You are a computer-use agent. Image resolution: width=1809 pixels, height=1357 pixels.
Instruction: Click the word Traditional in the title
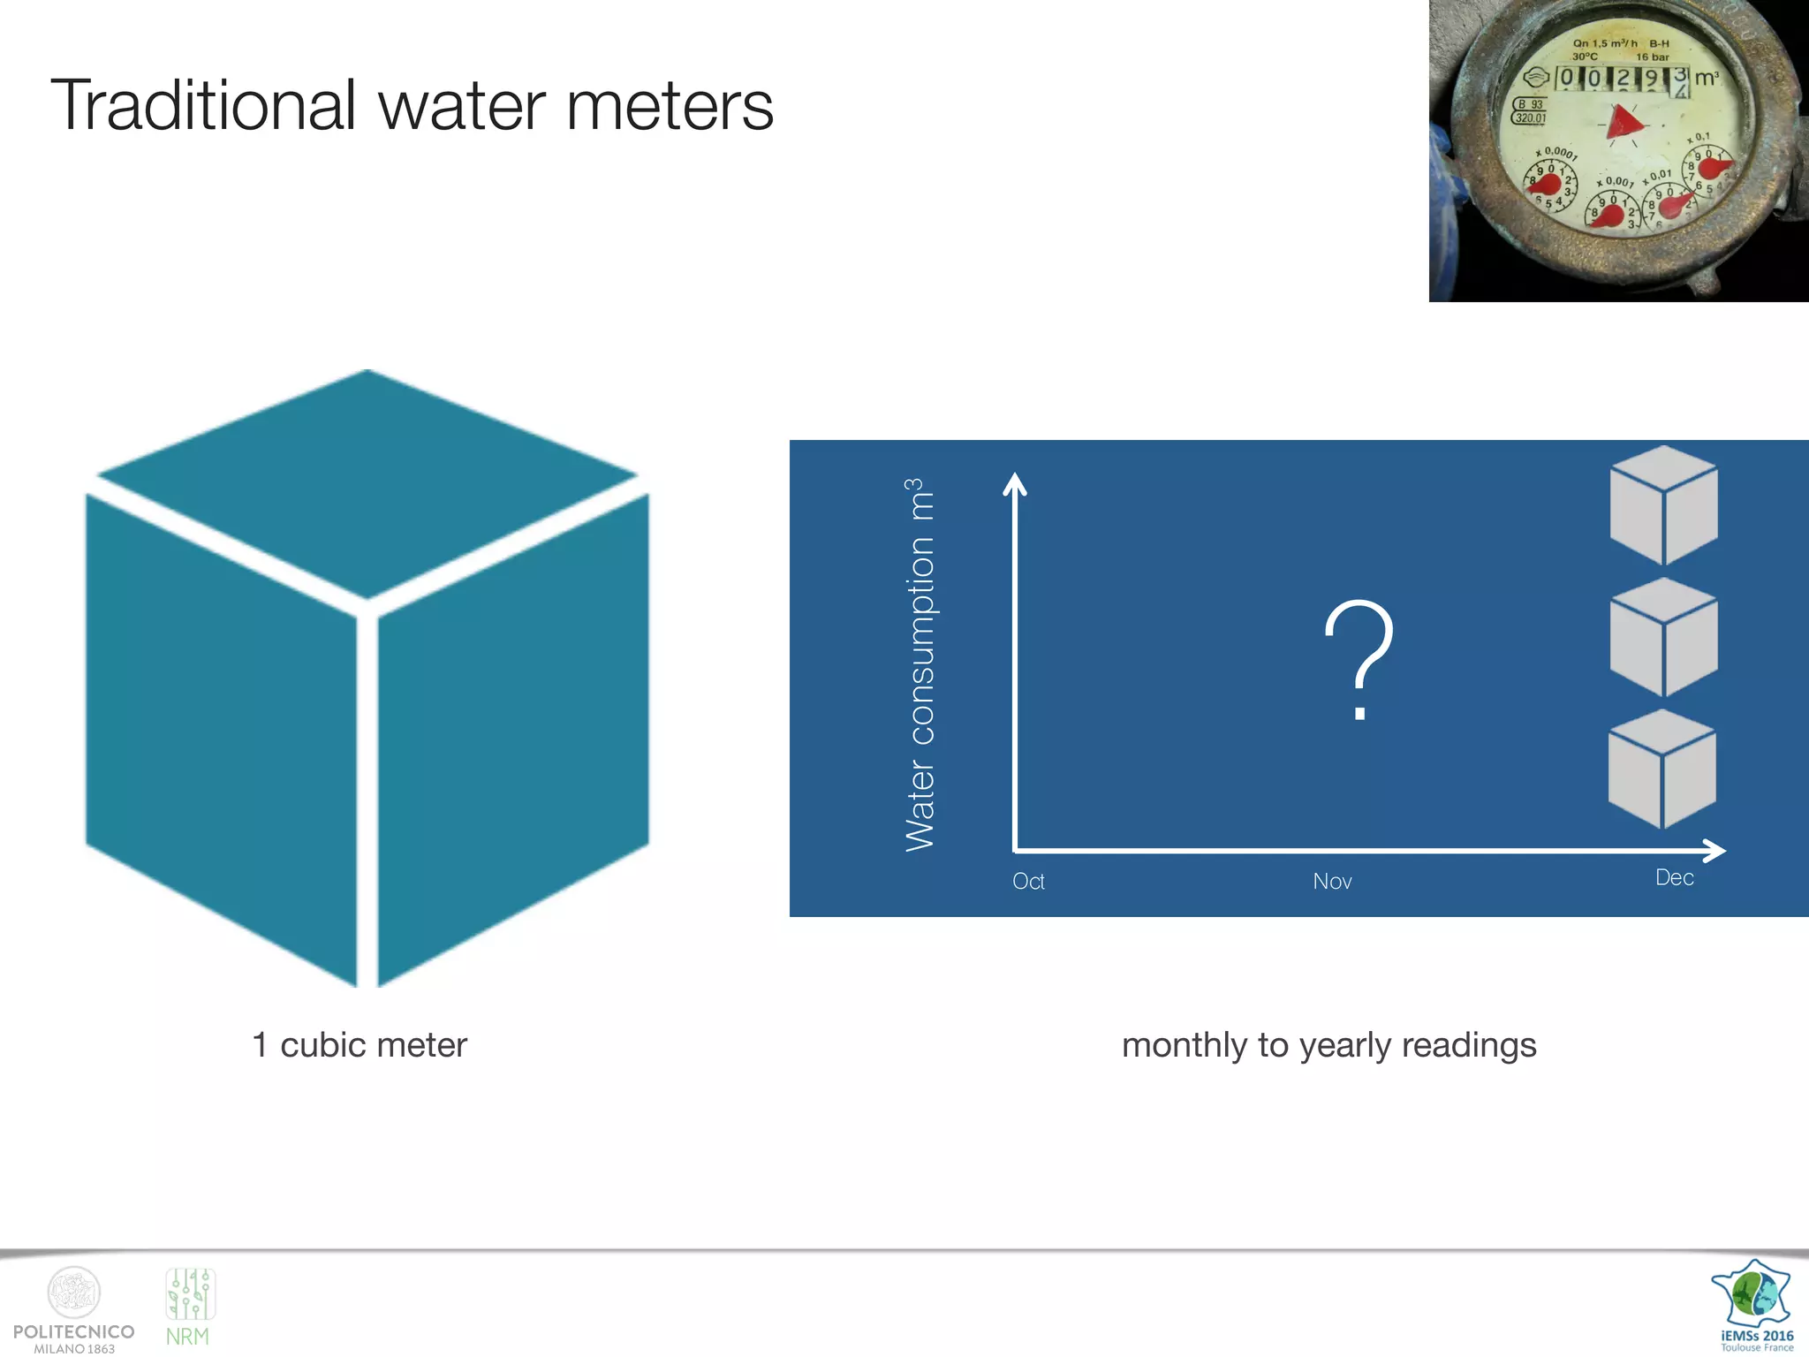[203, 106]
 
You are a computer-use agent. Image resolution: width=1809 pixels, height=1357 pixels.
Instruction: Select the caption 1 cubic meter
[360, 1045]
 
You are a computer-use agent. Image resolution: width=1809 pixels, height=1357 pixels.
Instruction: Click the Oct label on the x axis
[1028, 882]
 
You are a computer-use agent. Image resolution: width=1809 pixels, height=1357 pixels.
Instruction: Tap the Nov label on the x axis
[1332, 882]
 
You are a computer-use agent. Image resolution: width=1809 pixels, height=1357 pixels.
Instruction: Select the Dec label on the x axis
[1674, 878]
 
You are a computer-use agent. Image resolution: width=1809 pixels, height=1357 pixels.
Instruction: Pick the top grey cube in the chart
[1664, 505]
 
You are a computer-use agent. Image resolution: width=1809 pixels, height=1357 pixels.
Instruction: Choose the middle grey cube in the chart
[1664, 637]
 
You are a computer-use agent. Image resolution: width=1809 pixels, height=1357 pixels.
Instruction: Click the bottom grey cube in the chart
[1662, 769]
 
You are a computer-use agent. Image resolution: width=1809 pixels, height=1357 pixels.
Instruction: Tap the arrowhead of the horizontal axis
[1714, 851]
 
